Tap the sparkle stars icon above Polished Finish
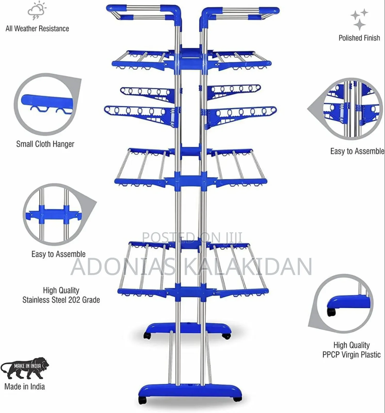359,19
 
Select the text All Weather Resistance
37,28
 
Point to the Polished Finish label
359,38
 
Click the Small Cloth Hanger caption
45,144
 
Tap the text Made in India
25,386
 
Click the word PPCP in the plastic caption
331,355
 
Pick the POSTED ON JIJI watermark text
192,237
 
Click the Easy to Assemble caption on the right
357,151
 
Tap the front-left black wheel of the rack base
142,400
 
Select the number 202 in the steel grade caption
74,300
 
